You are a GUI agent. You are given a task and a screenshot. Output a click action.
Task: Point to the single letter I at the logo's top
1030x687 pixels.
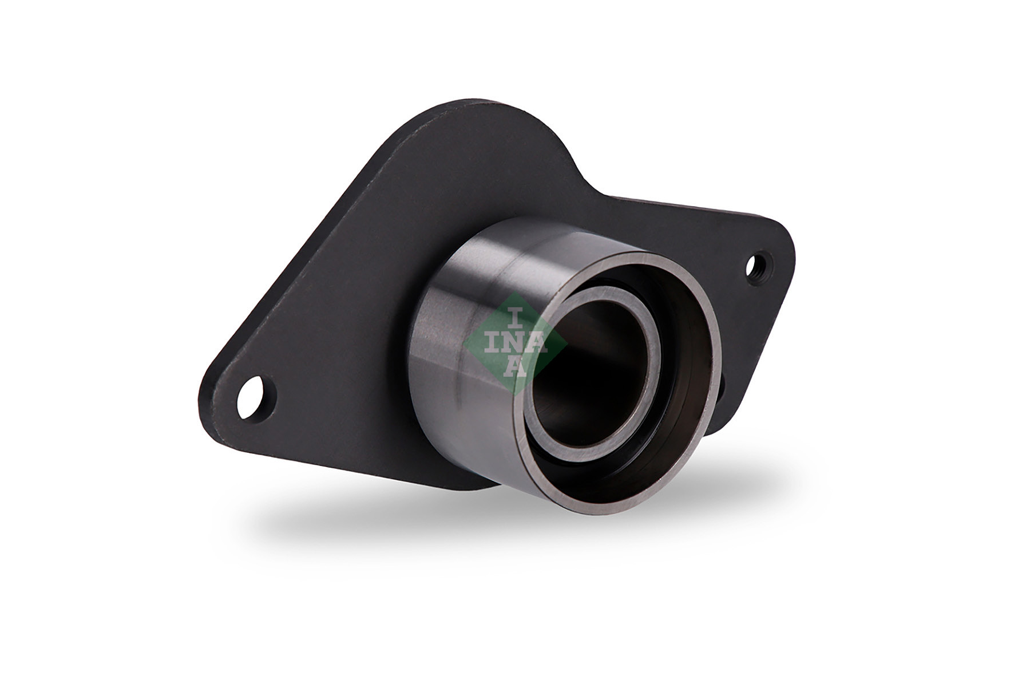pos(514,316)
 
